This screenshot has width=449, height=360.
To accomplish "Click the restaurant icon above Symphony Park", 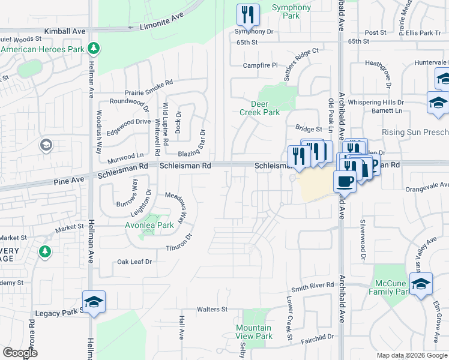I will tap(247, 13).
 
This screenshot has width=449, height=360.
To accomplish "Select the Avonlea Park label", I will tap(157, 226).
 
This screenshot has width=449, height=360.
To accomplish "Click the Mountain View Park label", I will tap(254, 332).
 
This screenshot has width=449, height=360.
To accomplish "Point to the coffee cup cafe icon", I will tap(345, 181).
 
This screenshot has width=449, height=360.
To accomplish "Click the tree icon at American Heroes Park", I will tap(93, 47).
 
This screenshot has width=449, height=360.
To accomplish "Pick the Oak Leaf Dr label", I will tap(134, 262).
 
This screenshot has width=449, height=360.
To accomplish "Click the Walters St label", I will tap(212, 310).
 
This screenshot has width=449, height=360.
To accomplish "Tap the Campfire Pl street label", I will tap(261, 65).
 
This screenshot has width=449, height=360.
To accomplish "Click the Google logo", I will tap(20, 353).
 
